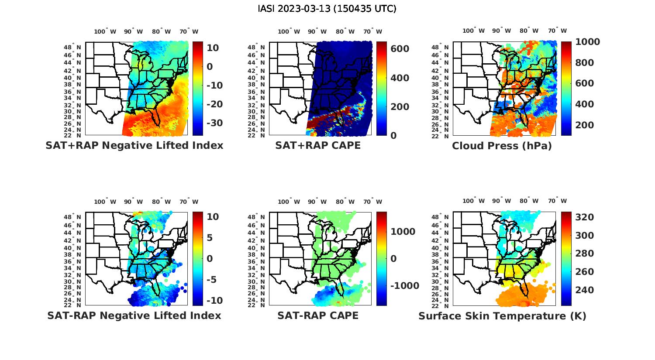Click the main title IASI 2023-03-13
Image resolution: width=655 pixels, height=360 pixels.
tap(327, 9)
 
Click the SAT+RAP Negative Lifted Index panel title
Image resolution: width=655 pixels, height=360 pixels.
tap(134, 145)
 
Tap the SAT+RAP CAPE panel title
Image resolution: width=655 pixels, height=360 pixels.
tap(318, 145)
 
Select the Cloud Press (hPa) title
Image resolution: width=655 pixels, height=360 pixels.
tap(502, 146)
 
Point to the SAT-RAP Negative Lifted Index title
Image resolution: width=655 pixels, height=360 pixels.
tap(134, 315)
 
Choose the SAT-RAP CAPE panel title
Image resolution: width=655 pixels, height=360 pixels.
tap(318, 315)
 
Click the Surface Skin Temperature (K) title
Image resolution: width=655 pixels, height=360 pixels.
tap(502, 316)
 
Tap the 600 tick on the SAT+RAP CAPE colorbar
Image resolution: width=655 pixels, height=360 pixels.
tap(400, 48)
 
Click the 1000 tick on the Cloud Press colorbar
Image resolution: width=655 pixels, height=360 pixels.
tap(587, 42)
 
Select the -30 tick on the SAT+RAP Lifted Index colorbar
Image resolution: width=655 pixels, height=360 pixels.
tap(214, 123)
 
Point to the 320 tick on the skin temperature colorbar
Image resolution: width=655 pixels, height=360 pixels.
tap(584, 217)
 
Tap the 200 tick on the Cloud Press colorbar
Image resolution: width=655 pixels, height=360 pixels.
tap(584, 125)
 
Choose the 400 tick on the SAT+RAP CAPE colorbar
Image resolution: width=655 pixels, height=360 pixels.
tap(400, 78)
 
